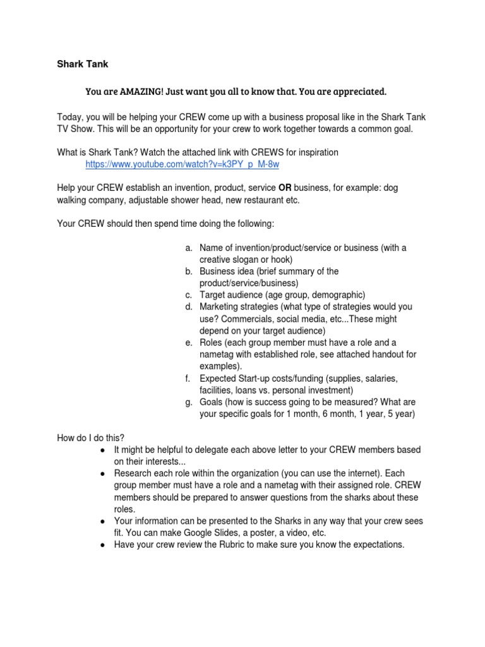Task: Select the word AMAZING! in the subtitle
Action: (139, 92)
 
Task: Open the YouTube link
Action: (182, 164)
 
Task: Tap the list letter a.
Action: (188, 248)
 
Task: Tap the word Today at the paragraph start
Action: (69, 116)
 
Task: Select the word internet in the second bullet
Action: (362, 473)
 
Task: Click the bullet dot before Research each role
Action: (102, 473)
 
